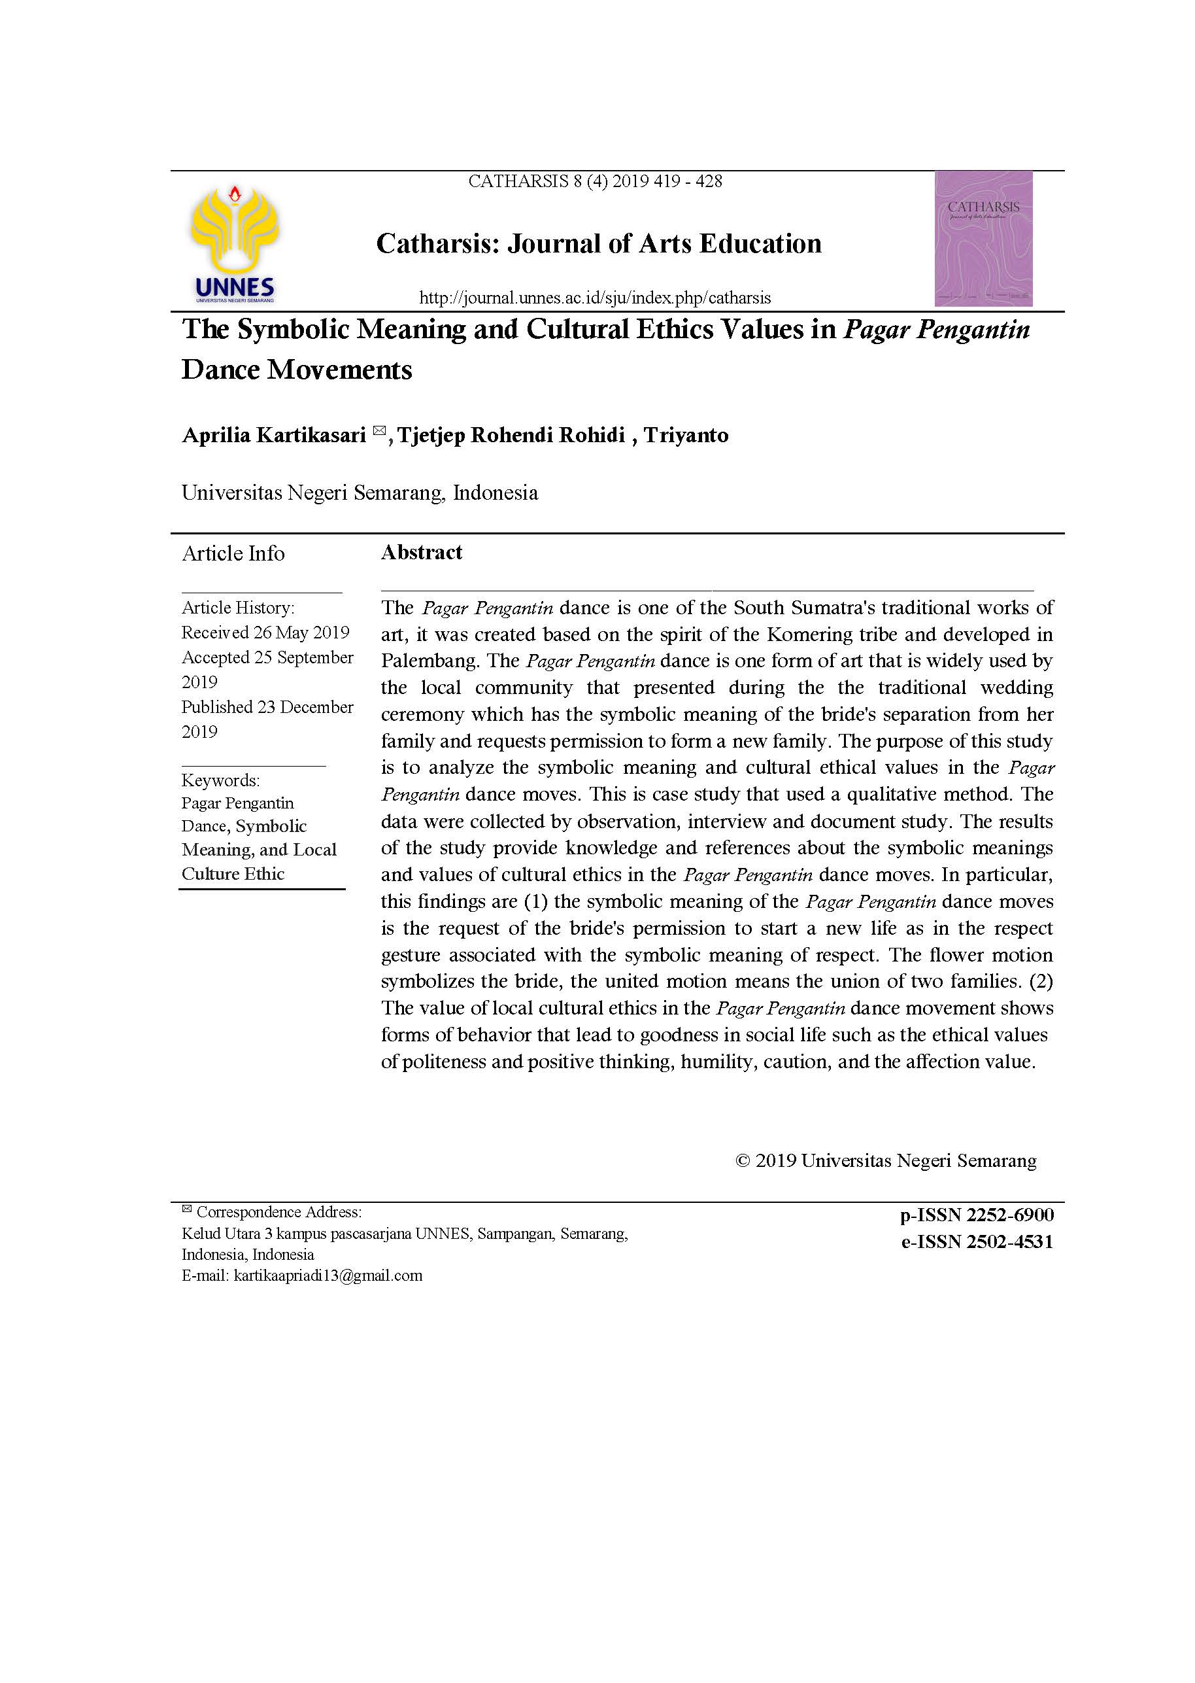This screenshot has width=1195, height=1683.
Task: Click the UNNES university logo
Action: pyautogui.click(x=235, y=244)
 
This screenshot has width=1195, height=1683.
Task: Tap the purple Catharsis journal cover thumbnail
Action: pyautogui.click(x=983, y=238)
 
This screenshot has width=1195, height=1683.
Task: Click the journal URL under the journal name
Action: pyautogui.click(x=594, y=298)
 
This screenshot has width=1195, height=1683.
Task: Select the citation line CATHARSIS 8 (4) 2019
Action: pyautogui.click(x=594, y=181)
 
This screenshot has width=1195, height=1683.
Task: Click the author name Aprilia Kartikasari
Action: pyautogui.click(x=274, y=435)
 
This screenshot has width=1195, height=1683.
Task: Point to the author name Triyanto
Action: pyautogui.click(x=686, y=435)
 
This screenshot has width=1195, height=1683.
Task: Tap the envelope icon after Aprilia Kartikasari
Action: pyautogui.click(x=379, y=430)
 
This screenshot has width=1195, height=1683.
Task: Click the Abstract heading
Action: pyautogui.click(x=422, y=552)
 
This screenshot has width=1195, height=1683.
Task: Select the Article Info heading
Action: pyautogui.click(x=233, y=553)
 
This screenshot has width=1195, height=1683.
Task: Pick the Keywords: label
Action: pyautogui.click(x=221, y=780)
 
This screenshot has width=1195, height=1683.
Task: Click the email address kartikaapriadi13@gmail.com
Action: pyautogui.click(x=328, y=1276)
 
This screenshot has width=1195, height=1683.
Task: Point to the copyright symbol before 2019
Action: pyautogui.click(x=743, y=1161)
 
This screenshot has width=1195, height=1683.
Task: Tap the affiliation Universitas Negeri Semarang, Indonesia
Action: pyautogui.click(x=360, y=493)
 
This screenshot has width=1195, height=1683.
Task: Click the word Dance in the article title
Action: pyautogui.click(x=221, y=370)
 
